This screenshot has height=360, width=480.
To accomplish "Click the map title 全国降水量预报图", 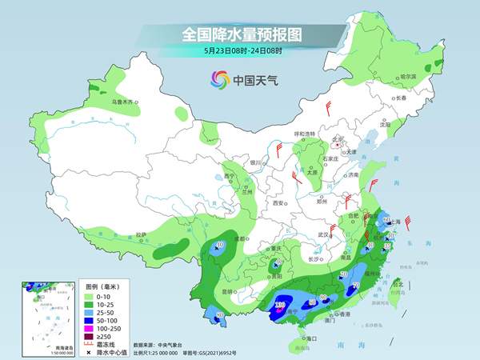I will pos(240,34).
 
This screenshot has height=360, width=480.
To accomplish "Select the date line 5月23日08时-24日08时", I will pos(240,50).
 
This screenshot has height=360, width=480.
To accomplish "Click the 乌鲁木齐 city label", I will pos(126,102).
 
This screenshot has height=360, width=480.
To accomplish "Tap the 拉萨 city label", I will pos(141,234).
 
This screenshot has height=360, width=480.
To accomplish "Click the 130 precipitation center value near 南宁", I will pos(280,305).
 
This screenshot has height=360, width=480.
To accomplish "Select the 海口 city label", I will pos(302,339).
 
